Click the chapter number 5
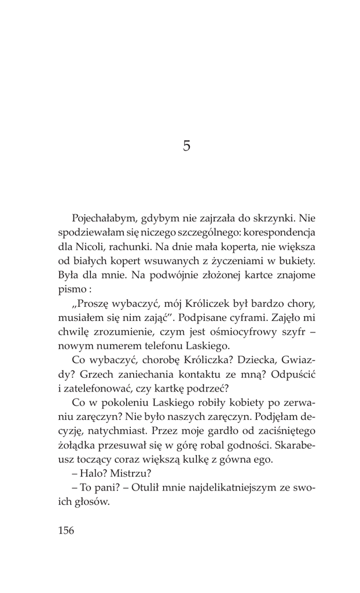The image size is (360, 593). [x=186, y=145]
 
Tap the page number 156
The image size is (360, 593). [x=66, y=530]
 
